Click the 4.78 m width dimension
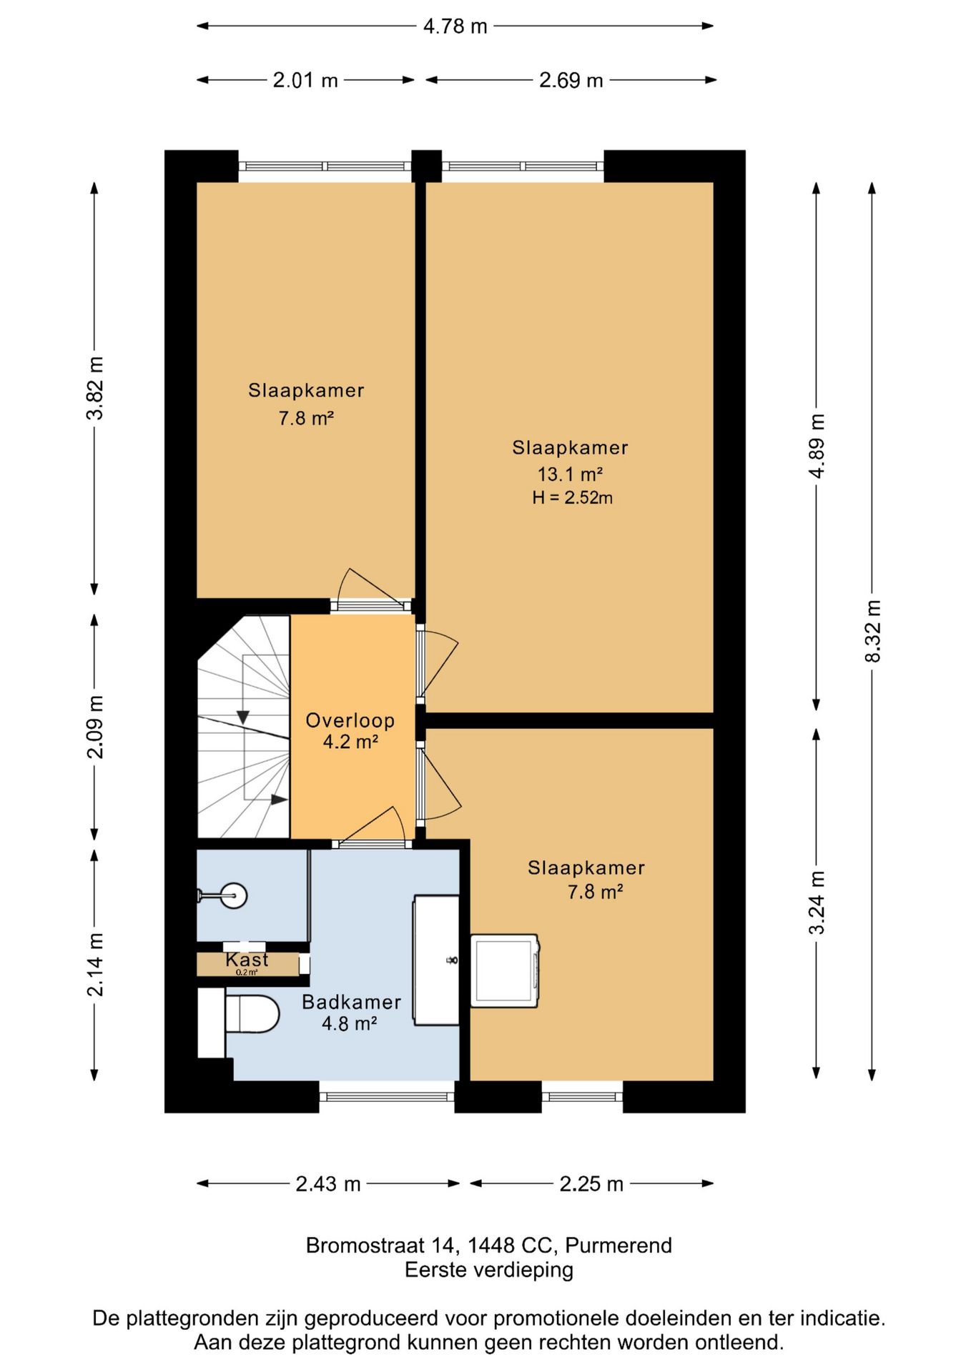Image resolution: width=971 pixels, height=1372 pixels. click(x=455, y=26)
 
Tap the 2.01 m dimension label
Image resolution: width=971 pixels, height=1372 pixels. click(x=305, y=80)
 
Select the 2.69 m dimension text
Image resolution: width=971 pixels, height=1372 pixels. click(x=571, y=80)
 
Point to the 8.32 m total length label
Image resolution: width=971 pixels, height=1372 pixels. click(x=873, y=631)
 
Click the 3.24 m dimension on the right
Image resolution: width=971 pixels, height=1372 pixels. click(x=817, y=903)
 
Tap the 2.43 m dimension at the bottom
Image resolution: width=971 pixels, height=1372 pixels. click(x=328, y=1184)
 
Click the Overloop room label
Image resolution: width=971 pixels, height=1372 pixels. click(x=350, y=720)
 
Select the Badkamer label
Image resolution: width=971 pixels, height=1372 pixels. click(x=351, y=1002)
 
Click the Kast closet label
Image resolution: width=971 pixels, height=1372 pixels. click(x=247, y=960)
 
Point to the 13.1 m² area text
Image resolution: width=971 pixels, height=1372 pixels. click(x=570, y=474)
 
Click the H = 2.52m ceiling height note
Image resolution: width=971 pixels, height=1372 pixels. click(x=572, y=498)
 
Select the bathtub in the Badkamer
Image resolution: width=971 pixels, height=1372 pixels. click(x=436, y=960)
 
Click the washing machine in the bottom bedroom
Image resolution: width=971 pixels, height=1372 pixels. click(x=505, y=970)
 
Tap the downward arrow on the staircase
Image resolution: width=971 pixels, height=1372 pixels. click(x=243, y=717)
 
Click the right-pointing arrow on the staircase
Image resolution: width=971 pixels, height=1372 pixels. click(x=280, y=800)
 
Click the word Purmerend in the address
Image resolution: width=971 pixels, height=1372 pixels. click(x=618, y=1246)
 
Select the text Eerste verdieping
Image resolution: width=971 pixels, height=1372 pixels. click(x=489, y=1270)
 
